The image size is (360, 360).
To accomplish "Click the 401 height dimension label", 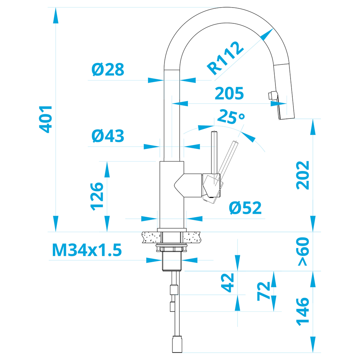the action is point(46,120).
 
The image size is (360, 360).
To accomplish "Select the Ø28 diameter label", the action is point(108,69).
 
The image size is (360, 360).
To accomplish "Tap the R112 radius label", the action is point(225,58).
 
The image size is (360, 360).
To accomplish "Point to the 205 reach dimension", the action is point(229,93).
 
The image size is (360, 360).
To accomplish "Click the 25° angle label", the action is point(231,117).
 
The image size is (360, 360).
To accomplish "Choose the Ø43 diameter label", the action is point(108,136).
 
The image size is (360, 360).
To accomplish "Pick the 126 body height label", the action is point(96,197).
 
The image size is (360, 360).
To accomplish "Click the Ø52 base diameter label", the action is point(245,208).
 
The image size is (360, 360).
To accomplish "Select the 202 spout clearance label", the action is point(303,175).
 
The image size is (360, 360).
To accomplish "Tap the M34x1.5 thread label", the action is point(87,250).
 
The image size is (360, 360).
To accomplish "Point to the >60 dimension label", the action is point(303,251).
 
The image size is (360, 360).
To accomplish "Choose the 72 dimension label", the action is point(264,291).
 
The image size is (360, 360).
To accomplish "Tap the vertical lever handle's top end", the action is point(214,131).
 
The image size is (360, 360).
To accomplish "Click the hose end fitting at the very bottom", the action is point(177,344).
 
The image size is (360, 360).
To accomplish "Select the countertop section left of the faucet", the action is point(151,237).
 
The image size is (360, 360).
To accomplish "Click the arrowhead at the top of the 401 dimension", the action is point(55,15).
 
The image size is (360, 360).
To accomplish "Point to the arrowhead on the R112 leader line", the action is point(267,35).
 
